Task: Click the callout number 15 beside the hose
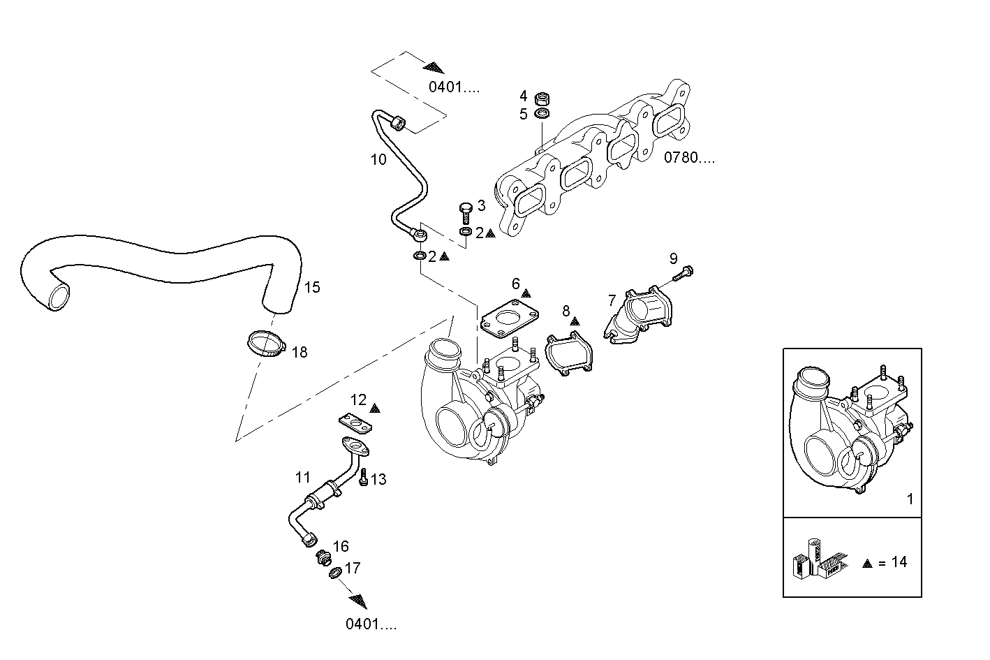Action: coord(312,287)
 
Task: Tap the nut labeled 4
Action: coord(541,98)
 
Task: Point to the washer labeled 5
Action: coord(541,113)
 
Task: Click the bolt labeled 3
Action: coord(466,210)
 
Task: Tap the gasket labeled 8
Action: coord(568,354)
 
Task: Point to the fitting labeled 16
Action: coord(322,557)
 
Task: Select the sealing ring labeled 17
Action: coord(334,573)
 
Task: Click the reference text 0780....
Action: coord(689,158)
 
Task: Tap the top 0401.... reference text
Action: coord(454,87)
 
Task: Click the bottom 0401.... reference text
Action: coord(371,624)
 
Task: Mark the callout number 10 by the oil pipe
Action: coord(378,160)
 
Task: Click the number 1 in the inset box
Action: coord(909,499)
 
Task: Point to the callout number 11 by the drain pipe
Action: coord(302,478)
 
